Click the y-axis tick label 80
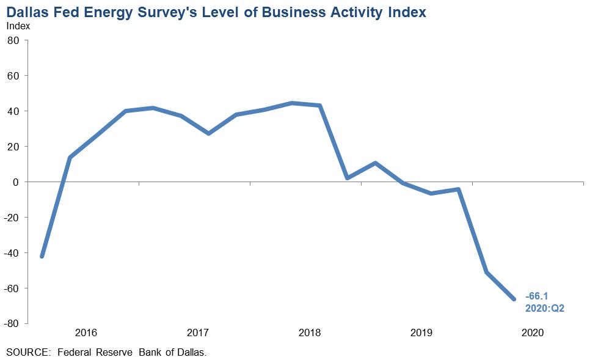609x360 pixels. click(x=13, y=40)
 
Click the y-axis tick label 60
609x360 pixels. click(x=13, y=76)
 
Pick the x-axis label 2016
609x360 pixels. click(x=86, y=333)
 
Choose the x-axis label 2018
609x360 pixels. click(x=310, y=333)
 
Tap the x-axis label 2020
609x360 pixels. click(x=533, y=333)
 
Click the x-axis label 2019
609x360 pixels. click(x=421, y=333)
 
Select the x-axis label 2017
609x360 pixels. click(x=198, y=333)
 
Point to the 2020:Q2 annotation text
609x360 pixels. click(x=544, y=309)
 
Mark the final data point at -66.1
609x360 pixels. click(x=514, y=299)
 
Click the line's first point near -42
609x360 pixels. click(x=42, y=256)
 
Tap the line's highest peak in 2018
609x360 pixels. click(x=292, y=103)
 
